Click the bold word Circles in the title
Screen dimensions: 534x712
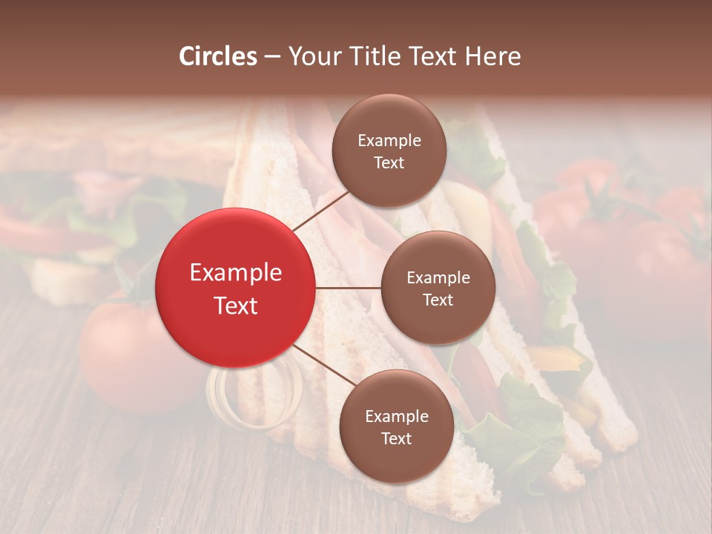[217, 56]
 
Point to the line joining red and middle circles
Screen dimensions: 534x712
[348, 288]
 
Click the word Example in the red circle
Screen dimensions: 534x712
[236, 273]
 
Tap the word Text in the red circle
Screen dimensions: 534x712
[236, 306]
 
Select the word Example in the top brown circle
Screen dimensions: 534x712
[389, 140]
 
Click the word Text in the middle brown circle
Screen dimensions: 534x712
[438, 300]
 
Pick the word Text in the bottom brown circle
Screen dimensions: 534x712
[396, 438]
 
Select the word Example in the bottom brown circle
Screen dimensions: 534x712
[397, 416]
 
